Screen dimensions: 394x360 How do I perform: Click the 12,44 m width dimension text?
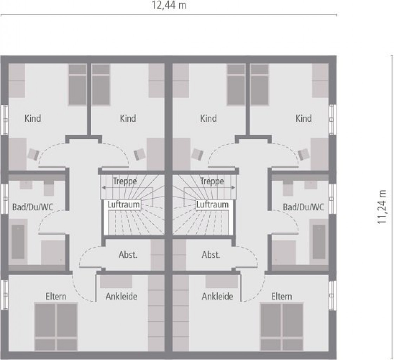169,5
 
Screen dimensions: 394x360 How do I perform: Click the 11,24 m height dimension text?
381,207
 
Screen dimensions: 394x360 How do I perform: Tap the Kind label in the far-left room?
33,118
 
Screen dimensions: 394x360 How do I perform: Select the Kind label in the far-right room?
303,118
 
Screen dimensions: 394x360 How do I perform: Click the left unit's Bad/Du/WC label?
33,207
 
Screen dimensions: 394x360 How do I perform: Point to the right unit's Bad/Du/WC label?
303,207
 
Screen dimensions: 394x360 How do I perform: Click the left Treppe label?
125,181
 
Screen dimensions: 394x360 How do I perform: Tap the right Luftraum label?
212,205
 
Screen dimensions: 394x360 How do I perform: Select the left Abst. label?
128,255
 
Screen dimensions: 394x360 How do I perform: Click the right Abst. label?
211,255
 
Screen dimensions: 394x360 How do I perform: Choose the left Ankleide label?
122,296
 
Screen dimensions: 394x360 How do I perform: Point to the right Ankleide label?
217,296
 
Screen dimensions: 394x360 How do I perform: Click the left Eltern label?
56,296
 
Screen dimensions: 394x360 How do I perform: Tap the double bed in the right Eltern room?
282,327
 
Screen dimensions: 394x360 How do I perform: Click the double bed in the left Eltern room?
56,327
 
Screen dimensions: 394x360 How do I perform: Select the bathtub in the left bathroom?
18,242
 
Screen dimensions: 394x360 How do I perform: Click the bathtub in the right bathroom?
319,242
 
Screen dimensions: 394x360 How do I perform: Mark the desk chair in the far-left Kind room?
33,154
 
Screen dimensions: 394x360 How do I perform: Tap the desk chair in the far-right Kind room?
303,154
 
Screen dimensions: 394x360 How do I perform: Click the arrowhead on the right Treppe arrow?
234,187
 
